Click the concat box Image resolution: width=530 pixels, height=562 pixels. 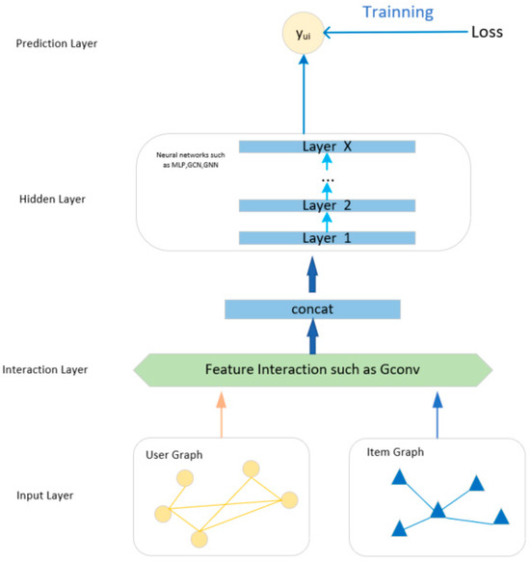[x=311, y=309]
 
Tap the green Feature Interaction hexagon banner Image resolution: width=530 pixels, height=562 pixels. [x=311, y=368]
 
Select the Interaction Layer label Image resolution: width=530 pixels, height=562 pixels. [x=44, y=370]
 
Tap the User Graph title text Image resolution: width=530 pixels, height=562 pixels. [x=173, y=453]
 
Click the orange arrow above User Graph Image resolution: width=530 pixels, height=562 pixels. [x=221, y=411]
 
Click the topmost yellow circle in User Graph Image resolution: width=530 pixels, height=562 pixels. [x=251, y=468]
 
